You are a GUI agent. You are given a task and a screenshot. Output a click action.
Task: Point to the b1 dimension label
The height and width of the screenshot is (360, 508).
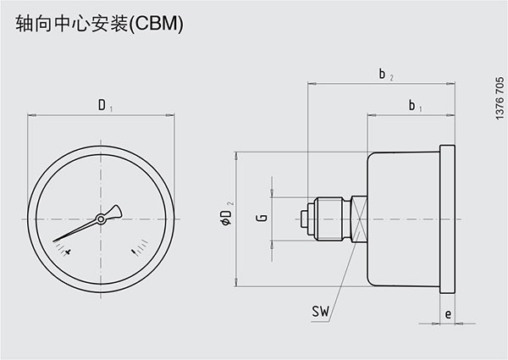pyautogui.click(x=414, y=106)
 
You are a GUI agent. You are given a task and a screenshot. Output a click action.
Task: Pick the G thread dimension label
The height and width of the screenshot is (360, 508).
pyautogui.click(x=262, y=219)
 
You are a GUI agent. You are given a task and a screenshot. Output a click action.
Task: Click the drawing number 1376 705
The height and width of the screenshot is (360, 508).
pyautogui.click(x=498, y=98)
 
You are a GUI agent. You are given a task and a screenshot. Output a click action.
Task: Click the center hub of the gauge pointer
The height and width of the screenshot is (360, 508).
pyautogui.click(x=101, y=219)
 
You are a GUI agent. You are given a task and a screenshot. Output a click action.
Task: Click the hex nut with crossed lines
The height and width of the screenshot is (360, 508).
pyautogui.click(x=357, y=219)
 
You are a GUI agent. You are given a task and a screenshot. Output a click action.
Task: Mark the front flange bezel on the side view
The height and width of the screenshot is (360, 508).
pyautogui.click(x=447, y=219)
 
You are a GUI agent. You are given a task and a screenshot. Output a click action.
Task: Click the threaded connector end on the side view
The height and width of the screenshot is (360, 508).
pyautogui.click(x=306, y=219)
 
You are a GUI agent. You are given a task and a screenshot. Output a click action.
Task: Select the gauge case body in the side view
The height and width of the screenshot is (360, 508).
pyautogui.click(x=402, y=219)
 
